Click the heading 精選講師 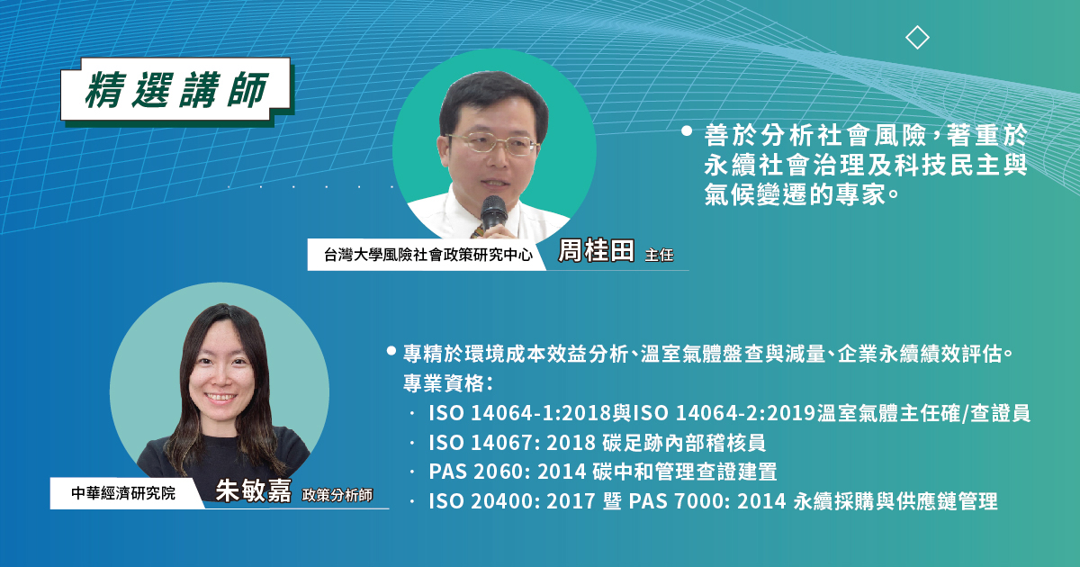[x=176, y=90]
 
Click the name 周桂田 [x=596, y=251]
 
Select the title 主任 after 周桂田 [x=659, y=255]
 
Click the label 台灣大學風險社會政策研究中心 [x=428, y=255]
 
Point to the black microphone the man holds [x=493, y=213]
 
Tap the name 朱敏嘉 [x=253, y=490]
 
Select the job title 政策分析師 [x=337, y=495]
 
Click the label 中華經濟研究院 [x=123, y=493]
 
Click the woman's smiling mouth [x=220, y=398]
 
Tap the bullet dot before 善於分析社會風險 [x=687, y=131]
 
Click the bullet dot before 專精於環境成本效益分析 [x=391, y=351]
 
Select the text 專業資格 [x=443, y=383]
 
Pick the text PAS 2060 [x=476, y=472]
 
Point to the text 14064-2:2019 [x=745, y=413]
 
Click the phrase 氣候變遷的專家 [x=795, y=194]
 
